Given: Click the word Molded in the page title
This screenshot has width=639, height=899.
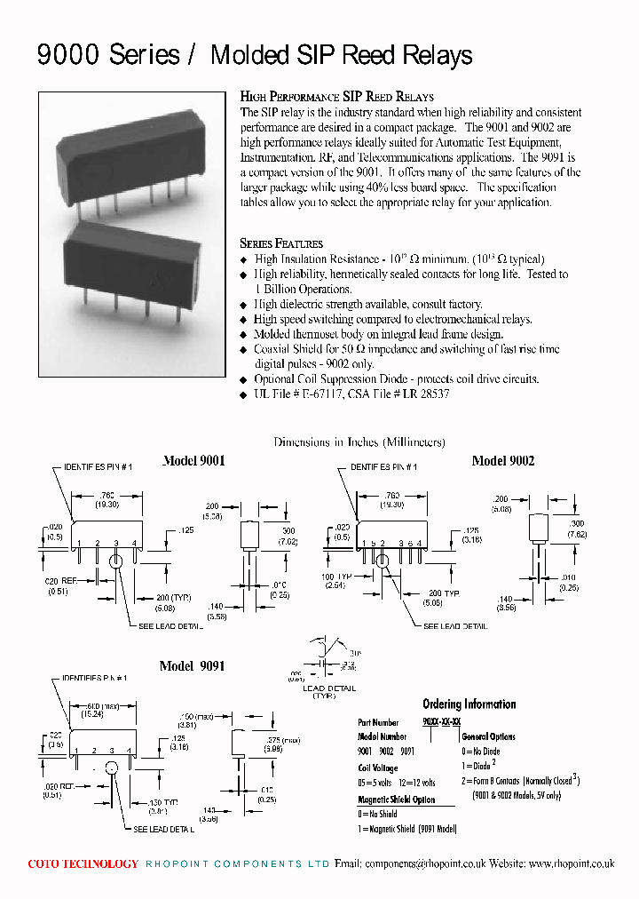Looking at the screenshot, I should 249,56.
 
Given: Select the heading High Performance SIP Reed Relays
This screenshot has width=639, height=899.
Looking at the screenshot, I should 336,97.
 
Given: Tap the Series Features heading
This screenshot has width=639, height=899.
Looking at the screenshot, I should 281,243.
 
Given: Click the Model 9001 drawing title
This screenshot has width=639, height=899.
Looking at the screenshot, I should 193,461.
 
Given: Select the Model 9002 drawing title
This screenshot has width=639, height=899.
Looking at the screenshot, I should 503,461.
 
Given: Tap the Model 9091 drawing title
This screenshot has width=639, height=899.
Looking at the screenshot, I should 192,666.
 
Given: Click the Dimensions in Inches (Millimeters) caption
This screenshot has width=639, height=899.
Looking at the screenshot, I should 359,442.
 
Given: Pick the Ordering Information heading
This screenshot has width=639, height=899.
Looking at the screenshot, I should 469,704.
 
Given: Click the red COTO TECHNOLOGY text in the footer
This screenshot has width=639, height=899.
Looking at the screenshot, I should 83,863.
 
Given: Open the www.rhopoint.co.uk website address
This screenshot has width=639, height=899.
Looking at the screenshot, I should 572,863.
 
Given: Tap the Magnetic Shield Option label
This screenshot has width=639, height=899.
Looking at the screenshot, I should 397,800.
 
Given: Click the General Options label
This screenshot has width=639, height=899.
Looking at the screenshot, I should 488,736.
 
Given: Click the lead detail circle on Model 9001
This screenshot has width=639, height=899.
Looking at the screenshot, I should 115,561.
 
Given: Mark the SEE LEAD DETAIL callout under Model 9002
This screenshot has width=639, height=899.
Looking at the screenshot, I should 454,626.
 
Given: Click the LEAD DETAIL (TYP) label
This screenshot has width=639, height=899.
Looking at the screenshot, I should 329,692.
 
